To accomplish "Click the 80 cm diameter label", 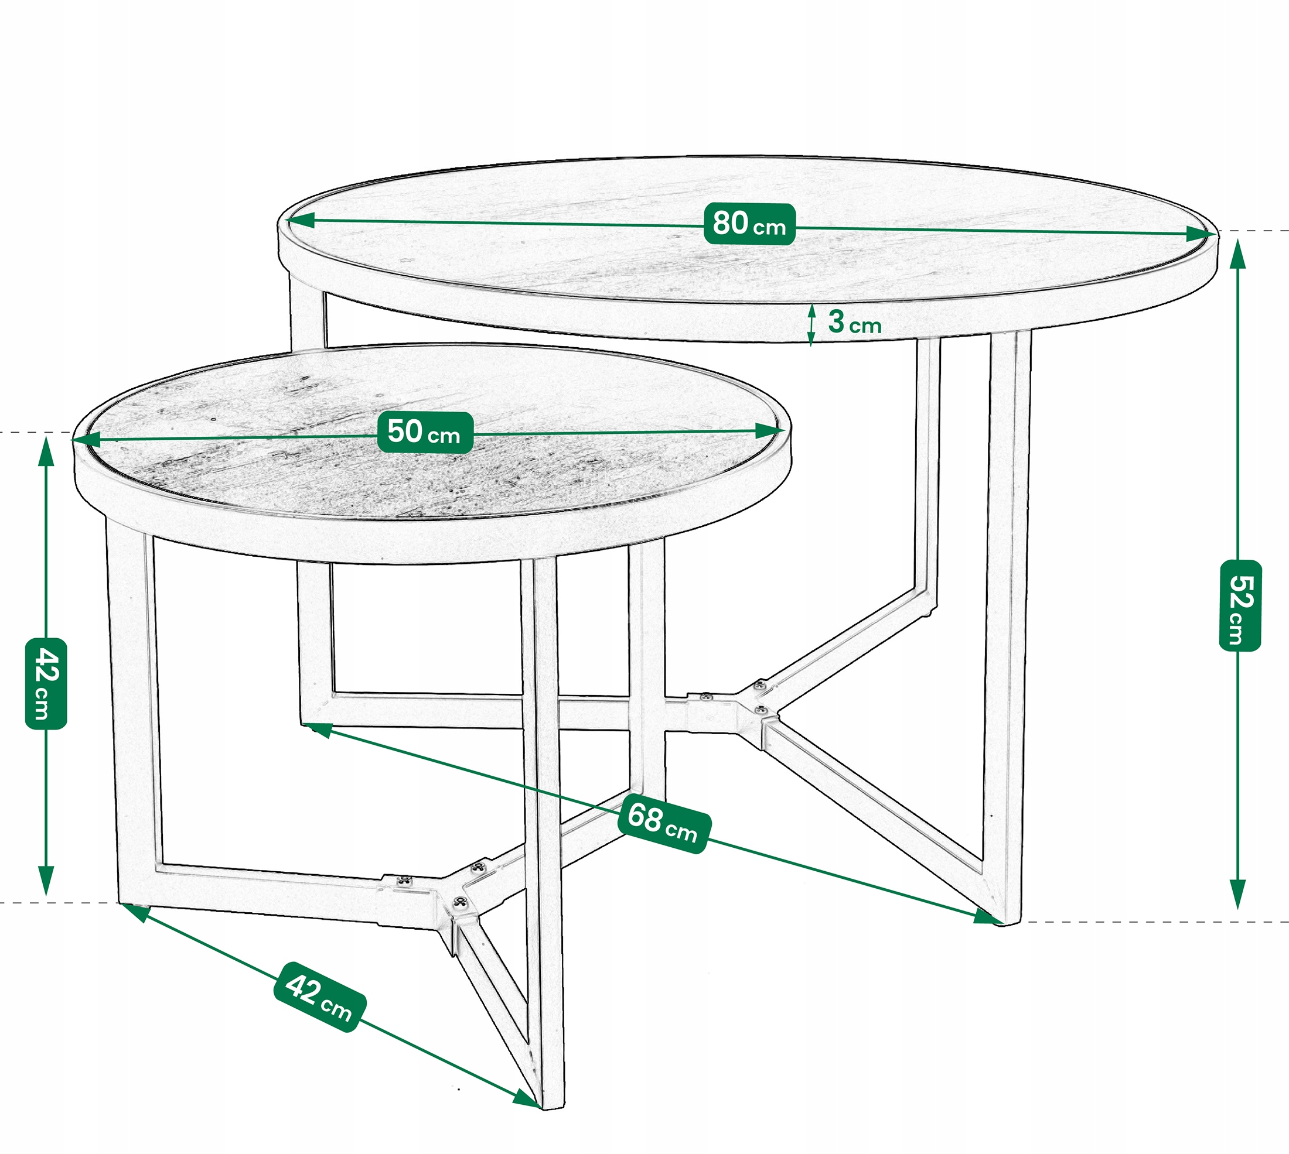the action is pos(749,224).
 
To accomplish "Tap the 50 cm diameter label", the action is pos(425,433).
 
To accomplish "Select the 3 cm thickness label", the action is pos(854,323).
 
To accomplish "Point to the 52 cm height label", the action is pos(1240,605).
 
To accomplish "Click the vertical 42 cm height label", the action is pos(46,683).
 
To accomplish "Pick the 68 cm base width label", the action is pos(664,823).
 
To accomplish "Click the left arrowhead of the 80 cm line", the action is pos(301,220).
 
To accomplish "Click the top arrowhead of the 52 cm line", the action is pos(1238,254).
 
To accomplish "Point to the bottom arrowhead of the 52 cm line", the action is pos(1238,895).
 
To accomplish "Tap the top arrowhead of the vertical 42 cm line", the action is pos(46,451).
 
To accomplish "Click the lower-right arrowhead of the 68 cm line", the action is pos(988,917).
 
